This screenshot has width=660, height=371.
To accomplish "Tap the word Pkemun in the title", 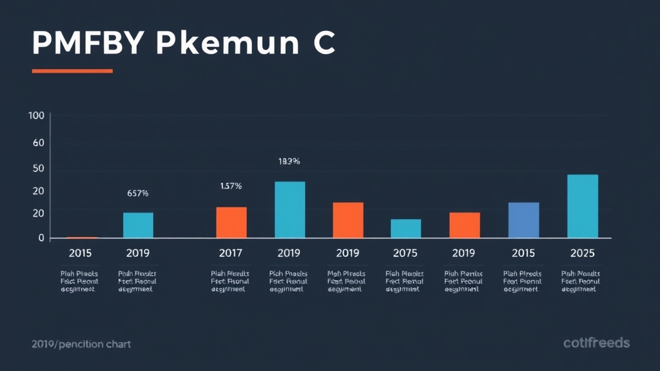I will [x=226, y=43].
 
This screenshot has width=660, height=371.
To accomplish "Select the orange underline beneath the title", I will [x=72, y=71].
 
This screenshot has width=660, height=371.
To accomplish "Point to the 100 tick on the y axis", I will [x=36, y=116].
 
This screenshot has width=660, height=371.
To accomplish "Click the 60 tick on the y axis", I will [x=38, y=142].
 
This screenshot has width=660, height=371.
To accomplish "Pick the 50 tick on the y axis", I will [x=38, y=168].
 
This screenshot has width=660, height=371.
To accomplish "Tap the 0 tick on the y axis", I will [x=41, y=238].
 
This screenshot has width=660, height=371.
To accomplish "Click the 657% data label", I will [x=138, y=193].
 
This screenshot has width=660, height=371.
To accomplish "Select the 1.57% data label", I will [x=231, y=186].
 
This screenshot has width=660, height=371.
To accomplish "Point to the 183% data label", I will [x=289, y=162].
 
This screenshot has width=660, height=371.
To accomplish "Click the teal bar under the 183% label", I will [x=290, y=210].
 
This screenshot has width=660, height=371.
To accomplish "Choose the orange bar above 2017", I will [x=231, y=222].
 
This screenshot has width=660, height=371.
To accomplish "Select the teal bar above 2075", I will [x=406, y=229].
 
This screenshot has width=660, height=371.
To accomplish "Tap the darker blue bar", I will [x=523, y=220].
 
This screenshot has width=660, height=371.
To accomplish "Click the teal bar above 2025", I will [x=583, y=206].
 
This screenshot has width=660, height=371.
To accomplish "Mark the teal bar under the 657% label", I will [x=139, y=225].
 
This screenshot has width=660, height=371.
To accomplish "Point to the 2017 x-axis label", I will [x=231, y=253].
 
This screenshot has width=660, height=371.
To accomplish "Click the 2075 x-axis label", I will [x=405, y=253].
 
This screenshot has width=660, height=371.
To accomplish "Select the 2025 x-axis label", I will [x=583, y=253].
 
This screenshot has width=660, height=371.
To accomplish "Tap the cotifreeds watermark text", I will [x=596, y=343].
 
